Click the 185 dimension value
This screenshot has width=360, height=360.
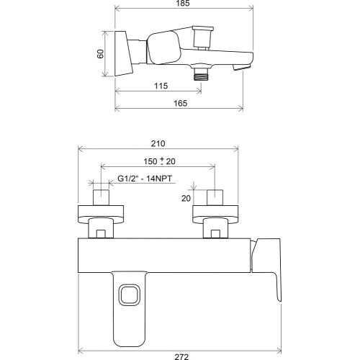pyautogui.click(x=183, y=4)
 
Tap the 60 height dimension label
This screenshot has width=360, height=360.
pyautogui.click(x=100, y=53)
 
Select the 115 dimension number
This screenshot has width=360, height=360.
pyautogui.click(x=161, y=86)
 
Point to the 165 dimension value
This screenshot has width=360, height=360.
pyautogui.click(x=181, y=103)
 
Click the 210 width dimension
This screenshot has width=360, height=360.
pyautogui.click(x=158, y=143)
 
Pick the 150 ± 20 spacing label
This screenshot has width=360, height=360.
pyautogui.click(x=159, y=161)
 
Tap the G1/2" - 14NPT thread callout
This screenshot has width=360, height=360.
pyautogui.click(x=145, y=179)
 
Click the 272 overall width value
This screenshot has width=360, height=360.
pyautogui.click(x=181, y=357)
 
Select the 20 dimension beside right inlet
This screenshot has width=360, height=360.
pyautogui.click(x=186, y=198)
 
